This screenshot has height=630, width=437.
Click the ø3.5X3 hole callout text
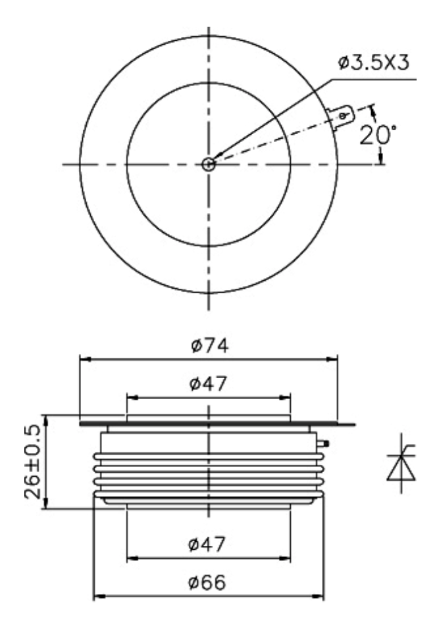pyautogui.click(x=373, y=63)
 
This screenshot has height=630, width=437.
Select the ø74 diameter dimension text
pyautogui.click(x=210, y=345)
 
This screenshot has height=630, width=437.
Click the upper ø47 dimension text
pyautogui.click(x=208, y=383)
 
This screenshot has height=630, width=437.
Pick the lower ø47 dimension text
pyautogui.click(x=207, y=544)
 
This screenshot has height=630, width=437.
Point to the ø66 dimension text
pyautogui.click(x=207, y=582)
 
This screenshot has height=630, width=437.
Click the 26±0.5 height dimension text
pyautogui.click(x=33, y=462)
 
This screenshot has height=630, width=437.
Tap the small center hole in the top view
pyautogui.click(x=208, y=164)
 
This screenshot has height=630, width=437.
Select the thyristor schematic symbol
pyautogui.click(x=401, y=463)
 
